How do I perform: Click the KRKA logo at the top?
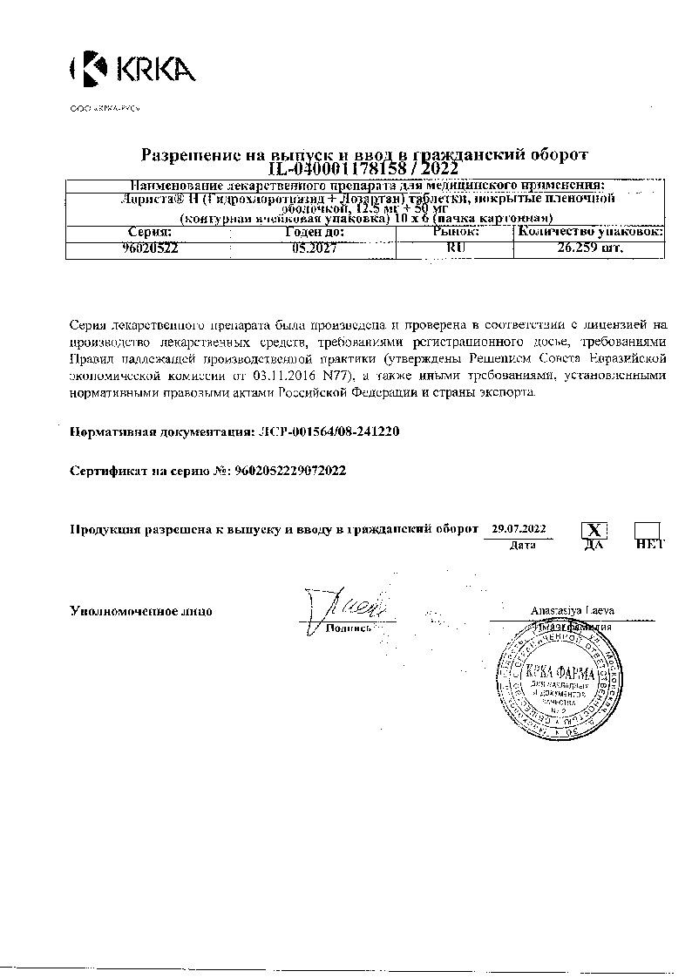[132, 68]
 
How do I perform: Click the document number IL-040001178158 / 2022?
[364, 168]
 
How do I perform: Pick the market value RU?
[455, 248]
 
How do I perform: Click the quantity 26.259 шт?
[590, 248]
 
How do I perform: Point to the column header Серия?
[150, 233]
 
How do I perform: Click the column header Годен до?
[314, 233]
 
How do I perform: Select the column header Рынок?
[455, 233]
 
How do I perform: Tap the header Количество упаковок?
[590, 233]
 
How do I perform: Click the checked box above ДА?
[594, 530]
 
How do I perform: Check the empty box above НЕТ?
[647, 530]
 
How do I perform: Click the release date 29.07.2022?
[519, 528]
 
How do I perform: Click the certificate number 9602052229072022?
[290, 471]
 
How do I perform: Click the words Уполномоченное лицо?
[140, 611]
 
